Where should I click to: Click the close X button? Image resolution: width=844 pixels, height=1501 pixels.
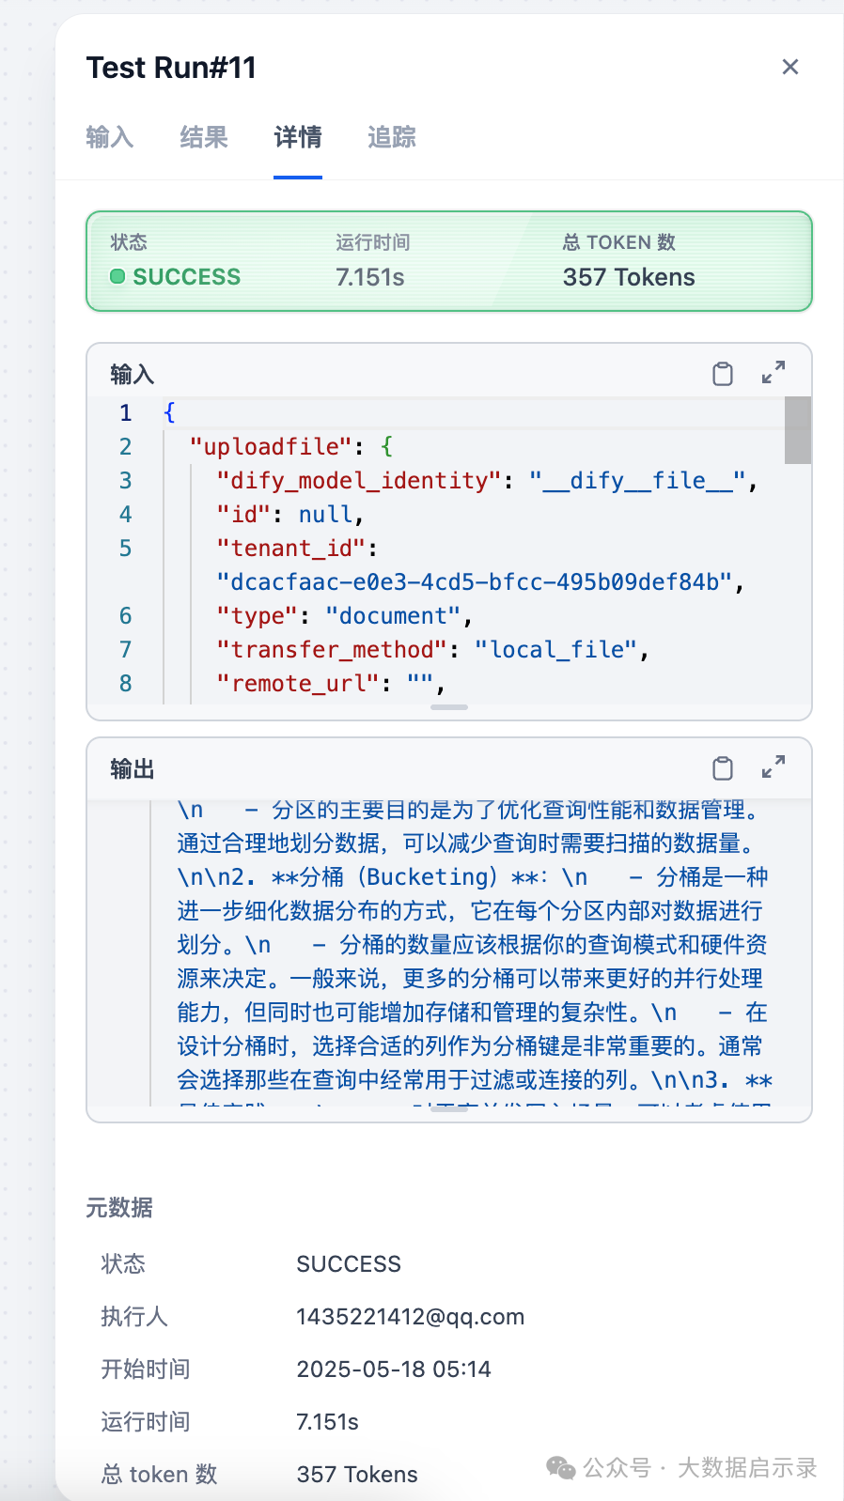(790, 67)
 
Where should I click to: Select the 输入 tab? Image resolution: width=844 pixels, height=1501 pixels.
(110, 137)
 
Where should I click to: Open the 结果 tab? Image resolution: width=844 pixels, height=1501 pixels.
(204, 137)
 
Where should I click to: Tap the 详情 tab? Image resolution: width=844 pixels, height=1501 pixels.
(298, 137)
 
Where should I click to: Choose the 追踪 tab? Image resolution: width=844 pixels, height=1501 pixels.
(392, 137)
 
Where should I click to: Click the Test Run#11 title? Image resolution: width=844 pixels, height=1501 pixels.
(171, 68)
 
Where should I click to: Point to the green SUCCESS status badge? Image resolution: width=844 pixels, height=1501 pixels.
(176, 277)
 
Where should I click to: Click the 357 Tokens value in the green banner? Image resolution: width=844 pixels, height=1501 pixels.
(629, 277)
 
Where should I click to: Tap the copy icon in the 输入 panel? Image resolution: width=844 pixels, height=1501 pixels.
(723, 374)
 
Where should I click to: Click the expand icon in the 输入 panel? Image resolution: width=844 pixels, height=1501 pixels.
(774, 373)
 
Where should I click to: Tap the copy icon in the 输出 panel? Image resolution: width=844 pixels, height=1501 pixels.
(723, 768)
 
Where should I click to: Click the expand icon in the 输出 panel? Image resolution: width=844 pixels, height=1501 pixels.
(774, 767)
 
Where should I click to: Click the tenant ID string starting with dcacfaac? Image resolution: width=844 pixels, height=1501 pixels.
(480, 582)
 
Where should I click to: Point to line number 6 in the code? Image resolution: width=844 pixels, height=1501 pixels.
(125, 616)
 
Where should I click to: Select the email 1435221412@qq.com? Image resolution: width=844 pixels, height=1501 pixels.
(410, 1317)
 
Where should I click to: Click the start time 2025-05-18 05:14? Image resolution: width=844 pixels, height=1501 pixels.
(394, 1369)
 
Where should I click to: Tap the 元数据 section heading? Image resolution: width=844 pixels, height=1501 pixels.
(119, 1208)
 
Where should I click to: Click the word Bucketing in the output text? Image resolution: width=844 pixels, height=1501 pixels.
(429, 877)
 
